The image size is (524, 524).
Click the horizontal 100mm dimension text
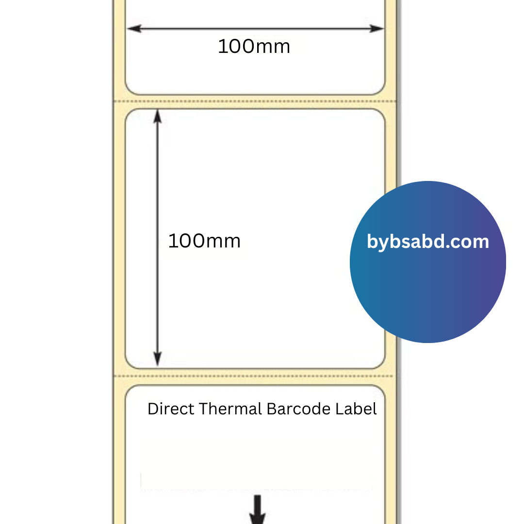pos(254,47)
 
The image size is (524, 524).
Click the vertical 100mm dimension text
pos(204,241)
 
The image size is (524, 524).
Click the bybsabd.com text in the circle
pos(427,242)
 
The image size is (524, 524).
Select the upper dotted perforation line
pos(255,101)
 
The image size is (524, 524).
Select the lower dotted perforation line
pos(255,376)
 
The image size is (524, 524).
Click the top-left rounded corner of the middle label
pos(130,114)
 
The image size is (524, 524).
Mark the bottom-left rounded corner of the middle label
pos(130,364)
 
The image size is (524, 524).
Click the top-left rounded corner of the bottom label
pos(130,390)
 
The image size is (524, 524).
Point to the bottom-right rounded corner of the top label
pos(380,90)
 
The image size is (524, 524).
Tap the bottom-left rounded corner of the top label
pos(130,90)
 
